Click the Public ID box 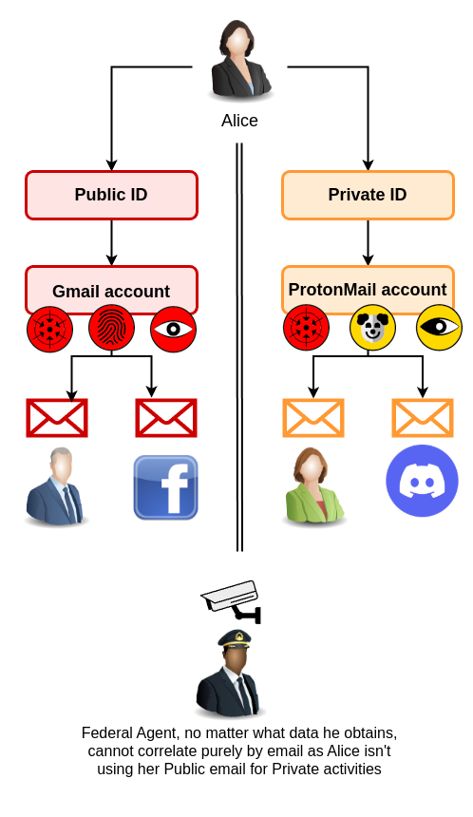[x=111, y=195]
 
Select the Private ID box [x=368, y=195]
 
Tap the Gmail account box [x=111, y=289]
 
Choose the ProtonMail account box [x=368, y=289]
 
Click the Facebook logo [x=165, y=487]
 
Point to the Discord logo [x=422, y=481]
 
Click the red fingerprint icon [x=111, y=329]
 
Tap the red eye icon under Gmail [x=174, y=329]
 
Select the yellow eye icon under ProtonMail [x=439, y=327]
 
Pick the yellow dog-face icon [x=372, y=327]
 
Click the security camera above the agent [x=232, y=601]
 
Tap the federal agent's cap [x=235, y=638]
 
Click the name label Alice [x=239, y=121]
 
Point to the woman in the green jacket [x=314, y=485]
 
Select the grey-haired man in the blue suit [x=56, y=485]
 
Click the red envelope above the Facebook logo [x=166, y=418]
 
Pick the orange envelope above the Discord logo [x=423, y=418]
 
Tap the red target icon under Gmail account [x=50, y=329]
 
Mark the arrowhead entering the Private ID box [x=368, y=164]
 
